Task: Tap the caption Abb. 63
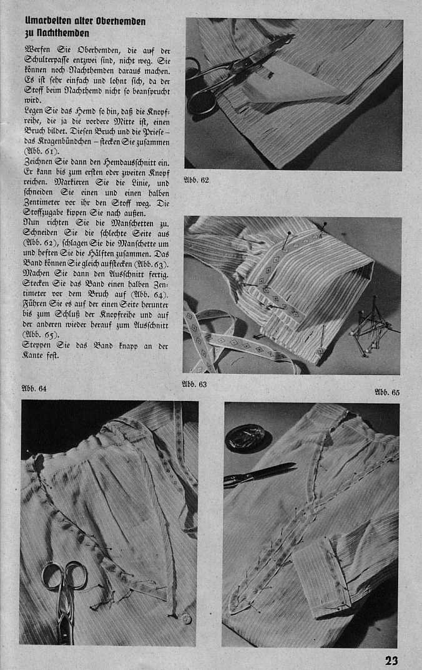(x=194, y=384)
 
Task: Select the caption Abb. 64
(x=34, y=389)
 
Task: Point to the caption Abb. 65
(x=387, y=392)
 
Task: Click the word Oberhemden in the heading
(x=121, y=21)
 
